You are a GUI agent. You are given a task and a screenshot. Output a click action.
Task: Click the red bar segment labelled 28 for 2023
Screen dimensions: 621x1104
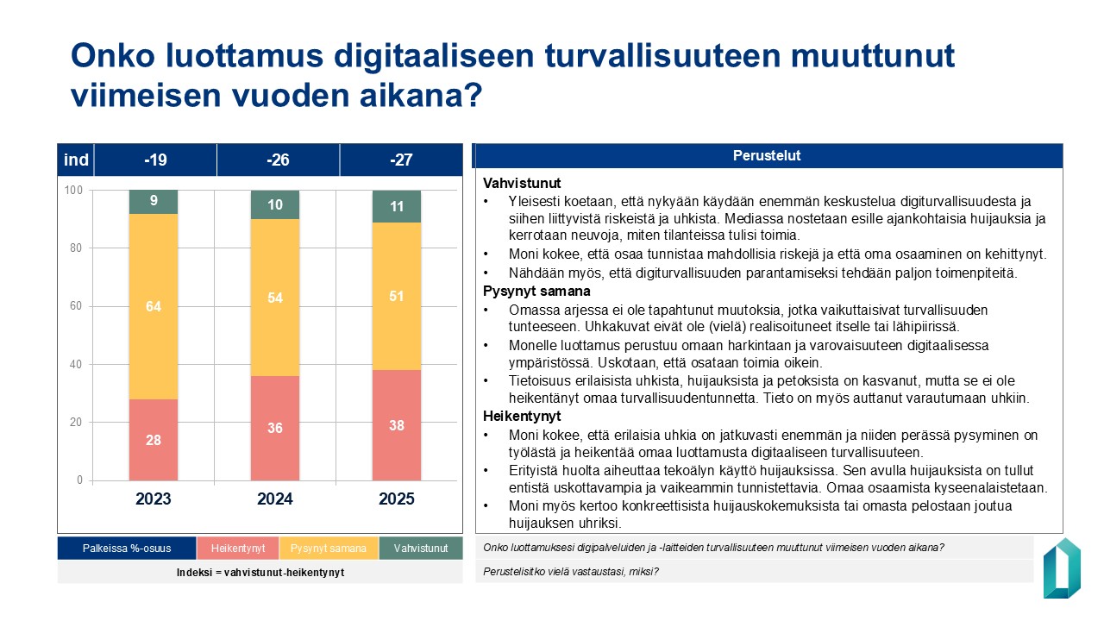click(154, 440)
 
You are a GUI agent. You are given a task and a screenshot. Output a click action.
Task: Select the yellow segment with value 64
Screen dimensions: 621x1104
click(154, 306)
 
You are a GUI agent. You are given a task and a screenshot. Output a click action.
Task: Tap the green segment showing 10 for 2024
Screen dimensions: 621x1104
click(275, 205)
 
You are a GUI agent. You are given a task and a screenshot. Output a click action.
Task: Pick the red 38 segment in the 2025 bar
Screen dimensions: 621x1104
click(397, 425)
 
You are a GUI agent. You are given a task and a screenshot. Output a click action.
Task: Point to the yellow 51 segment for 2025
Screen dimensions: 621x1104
click(397, 297)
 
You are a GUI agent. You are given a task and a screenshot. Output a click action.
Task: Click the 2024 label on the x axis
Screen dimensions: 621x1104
click(275, 499)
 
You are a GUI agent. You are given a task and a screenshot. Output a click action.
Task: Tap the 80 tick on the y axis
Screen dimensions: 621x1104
click(78, 248)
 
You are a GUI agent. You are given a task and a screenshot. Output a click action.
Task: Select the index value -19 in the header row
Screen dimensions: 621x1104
click(155, 160)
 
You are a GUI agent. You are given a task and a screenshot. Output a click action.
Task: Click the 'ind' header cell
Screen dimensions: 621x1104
click(76, 160)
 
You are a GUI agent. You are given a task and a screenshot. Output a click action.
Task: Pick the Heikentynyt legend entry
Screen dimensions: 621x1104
click(237, 549)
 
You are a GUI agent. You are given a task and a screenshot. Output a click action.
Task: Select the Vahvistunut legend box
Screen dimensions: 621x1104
click(420, 549)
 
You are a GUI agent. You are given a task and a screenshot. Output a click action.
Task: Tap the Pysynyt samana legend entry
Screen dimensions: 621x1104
click(329, 549)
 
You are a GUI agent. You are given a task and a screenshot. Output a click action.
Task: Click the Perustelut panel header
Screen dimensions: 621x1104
click(768, 156)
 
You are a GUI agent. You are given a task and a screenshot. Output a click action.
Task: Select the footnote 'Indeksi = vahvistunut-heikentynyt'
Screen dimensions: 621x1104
click(260, 573)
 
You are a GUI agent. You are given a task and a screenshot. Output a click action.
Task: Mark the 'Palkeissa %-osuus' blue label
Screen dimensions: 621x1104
click(127, 549)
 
